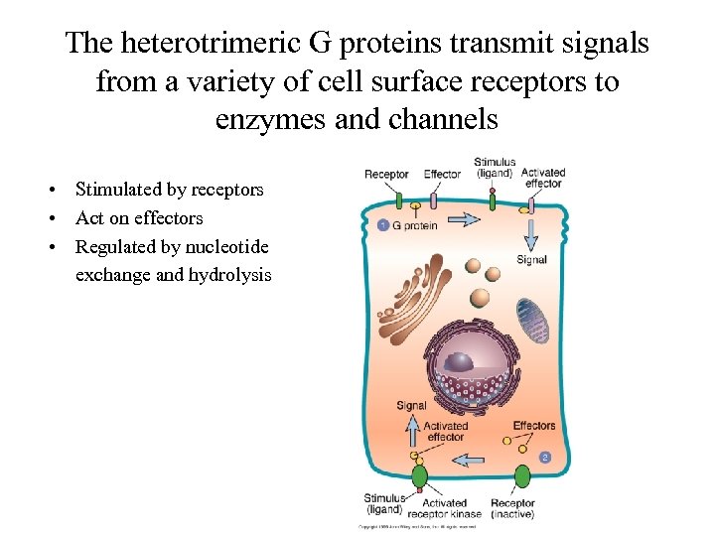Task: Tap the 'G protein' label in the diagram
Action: [414, 225]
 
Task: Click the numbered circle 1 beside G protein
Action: [383, 225]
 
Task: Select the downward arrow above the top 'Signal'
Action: [531, 234]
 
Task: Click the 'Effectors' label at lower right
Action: [534, 426]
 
